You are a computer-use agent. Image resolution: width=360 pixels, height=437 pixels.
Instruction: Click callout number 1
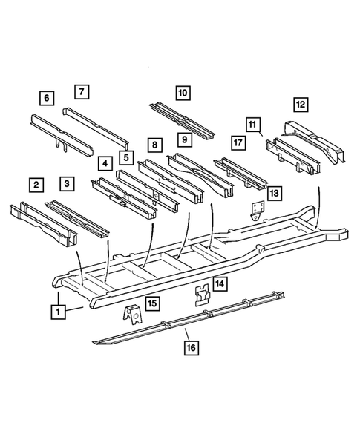57,312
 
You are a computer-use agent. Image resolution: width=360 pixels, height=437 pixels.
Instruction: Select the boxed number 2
35,184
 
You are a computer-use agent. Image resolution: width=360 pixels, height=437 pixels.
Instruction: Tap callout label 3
68,183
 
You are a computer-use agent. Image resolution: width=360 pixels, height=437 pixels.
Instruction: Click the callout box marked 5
126,157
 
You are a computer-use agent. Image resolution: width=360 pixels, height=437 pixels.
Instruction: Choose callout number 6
47,98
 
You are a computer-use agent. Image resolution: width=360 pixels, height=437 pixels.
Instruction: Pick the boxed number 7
82,92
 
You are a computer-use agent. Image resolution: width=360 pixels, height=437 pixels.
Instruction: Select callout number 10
183,93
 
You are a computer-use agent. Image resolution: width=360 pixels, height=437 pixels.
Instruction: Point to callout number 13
275,193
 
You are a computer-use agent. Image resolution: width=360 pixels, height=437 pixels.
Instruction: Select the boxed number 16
191,346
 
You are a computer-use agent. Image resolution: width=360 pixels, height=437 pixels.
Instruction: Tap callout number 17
238,142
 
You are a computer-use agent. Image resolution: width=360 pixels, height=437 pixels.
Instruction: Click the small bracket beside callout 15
131,316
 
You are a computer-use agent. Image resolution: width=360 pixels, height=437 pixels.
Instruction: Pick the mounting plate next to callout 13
256,211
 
